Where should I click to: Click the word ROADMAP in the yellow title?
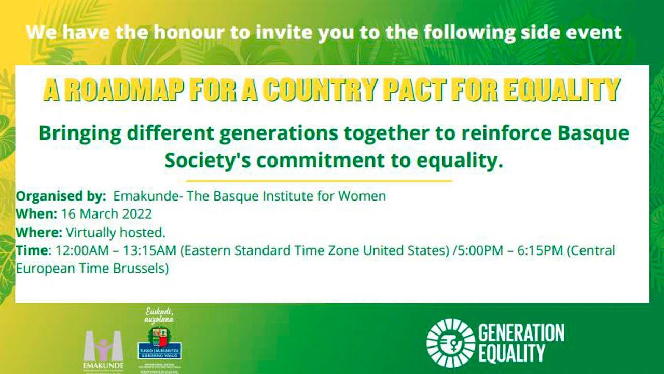124,90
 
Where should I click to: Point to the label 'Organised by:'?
61,196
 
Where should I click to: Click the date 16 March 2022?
106,214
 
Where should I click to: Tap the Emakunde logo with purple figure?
104,349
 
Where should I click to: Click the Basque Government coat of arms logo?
159,345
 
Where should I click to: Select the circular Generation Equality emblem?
450,343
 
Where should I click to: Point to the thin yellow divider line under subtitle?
319,181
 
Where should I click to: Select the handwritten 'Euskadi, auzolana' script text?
159,316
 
